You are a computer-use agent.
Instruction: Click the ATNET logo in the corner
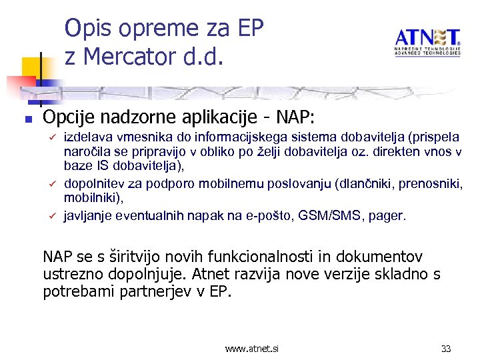tap(427, 42)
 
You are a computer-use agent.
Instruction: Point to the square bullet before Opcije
tap(27, 120)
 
